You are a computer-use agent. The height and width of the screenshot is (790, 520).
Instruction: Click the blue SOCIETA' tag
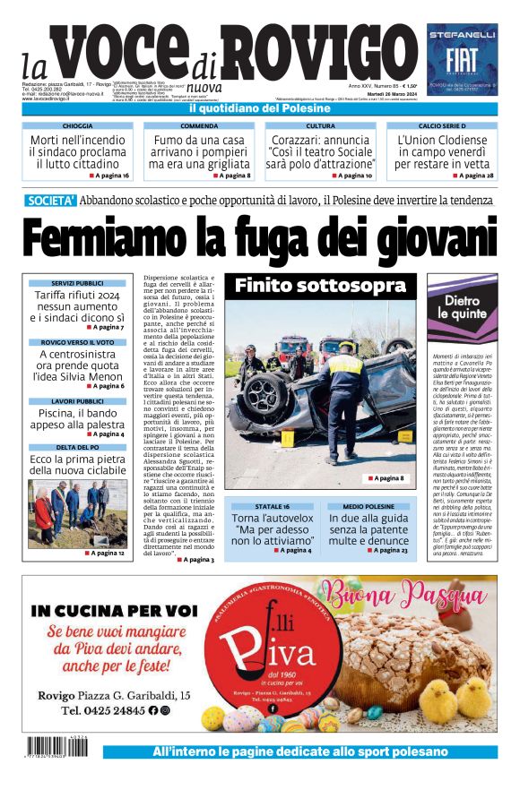(x=51, y=200)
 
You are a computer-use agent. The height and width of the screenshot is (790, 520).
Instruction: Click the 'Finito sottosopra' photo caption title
(x=320, y=287)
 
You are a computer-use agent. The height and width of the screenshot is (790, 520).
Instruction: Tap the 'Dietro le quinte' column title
(x=462, y=307)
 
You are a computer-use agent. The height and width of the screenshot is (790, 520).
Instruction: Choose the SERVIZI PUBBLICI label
(x=77, y=284)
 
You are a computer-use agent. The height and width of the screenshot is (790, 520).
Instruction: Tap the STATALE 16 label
(x=272, y=507)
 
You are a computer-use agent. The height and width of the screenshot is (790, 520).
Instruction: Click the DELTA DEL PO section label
(x=77, y=447)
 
